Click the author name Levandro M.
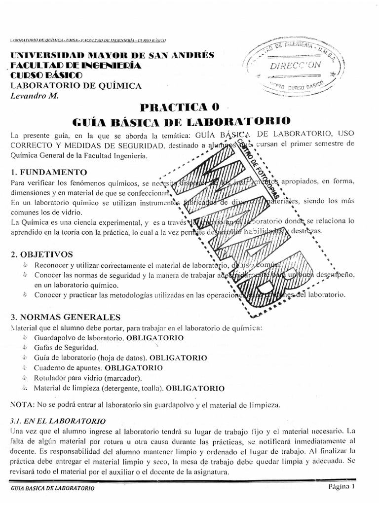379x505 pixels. (34, 95)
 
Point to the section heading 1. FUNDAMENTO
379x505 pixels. (48, 172)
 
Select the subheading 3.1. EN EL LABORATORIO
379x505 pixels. (57, 421)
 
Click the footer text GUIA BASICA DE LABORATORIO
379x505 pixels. (53, 488)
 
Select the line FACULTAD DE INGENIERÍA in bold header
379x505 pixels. (76, 66)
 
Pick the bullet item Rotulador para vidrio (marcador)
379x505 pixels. (81, 378)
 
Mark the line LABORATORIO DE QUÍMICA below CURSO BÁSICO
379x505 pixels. (76, 85)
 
